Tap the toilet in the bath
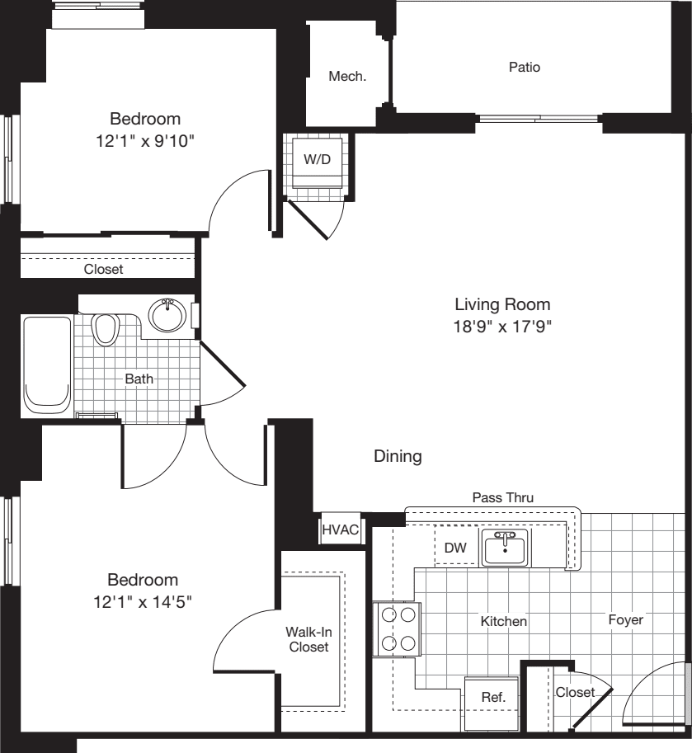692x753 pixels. click(x=105, y=330)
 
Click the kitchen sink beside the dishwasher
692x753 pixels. click(x=506, y=548)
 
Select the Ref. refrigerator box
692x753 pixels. click(x=492, y=698)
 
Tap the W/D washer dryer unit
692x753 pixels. click(x=317, y=160)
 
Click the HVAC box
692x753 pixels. click(x=340, y=529)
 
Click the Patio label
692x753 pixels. click(x=525, y=68)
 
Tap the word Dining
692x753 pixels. click(x=398, y=456)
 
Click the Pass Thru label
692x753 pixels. click(x=502, y=497)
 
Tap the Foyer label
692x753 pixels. click(x=625, y=619)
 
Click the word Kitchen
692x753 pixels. click(x=504, y=621)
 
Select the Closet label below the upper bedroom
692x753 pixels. click(x=103, y=269)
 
